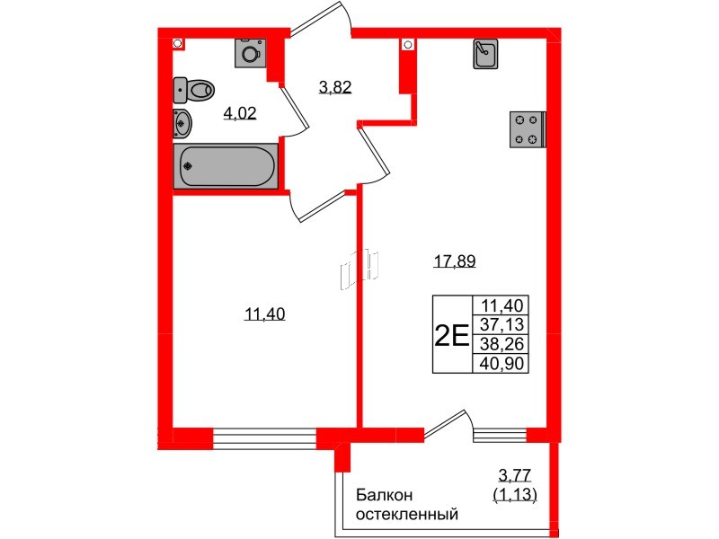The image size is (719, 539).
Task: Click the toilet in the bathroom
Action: point(196,88)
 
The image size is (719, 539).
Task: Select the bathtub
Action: point(226,167)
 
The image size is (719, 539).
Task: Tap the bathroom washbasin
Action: point(182,122)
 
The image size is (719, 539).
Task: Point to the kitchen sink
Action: point(485,55)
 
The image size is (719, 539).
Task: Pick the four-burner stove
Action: point(527,128)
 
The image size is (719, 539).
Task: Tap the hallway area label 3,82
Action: point(335,87)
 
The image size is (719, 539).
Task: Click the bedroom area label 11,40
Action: point(264,314)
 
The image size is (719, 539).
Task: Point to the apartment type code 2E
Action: point(450,335)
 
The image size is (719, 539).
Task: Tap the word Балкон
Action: point(384,495)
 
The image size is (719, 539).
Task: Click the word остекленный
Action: point(407,515)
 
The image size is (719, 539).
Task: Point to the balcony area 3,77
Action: point(515,475)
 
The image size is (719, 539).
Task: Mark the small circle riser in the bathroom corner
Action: point(178,42)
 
